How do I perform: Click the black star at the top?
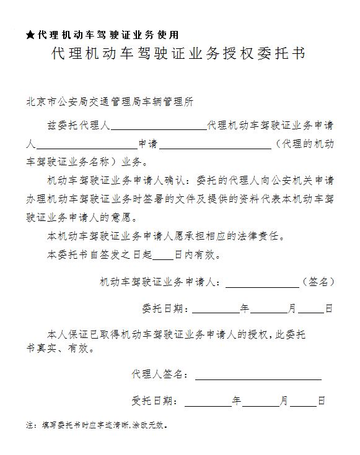(x=30, y=35)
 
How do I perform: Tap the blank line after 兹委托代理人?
(x=158, y=125)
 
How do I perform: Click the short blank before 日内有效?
(x=164, y=254)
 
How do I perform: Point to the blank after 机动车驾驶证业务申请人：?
(x=262, y=282)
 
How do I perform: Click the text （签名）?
(x=318, y=282)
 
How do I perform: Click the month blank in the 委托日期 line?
(x=269, y=308)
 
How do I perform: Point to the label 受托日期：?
(x=156, y=401)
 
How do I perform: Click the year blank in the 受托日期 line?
(x=208, y=401)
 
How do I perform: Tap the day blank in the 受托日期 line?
(x=304, y=401)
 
